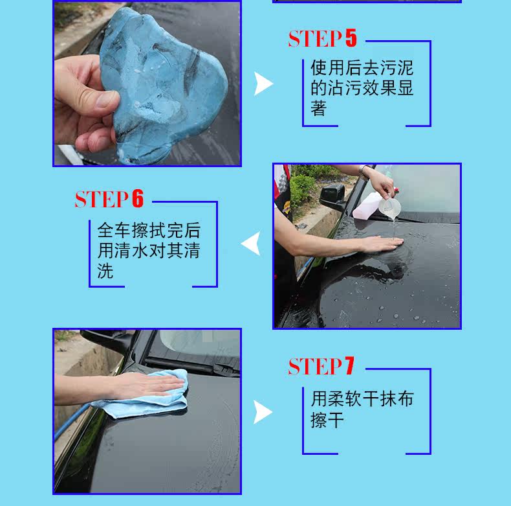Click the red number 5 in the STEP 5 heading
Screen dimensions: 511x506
tap(351, 38)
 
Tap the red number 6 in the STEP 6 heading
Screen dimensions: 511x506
tap(138, 198)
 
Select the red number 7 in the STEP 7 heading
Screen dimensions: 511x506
tap(349, 365)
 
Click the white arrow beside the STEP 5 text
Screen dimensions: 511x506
tap(263, 84)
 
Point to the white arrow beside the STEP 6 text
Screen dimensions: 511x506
tap(251, 243)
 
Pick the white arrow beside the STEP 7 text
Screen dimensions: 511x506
tap(263, 412)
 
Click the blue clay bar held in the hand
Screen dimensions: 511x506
tap(163, 85)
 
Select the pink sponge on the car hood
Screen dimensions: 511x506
tap(367, 205)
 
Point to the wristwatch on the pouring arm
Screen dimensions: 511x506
tap(364, 171)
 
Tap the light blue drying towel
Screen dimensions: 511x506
tap(144, 396)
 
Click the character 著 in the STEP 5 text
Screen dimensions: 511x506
tap(318, 108)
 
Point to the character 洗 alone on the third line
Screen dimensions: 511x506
tap(105, 271)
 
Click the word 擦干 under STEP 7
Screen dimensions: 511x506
tap(327, 420)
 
